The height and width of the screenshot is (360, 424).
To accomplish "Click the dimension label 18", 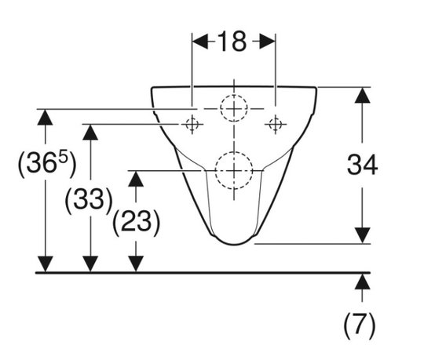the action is tap(232, 42).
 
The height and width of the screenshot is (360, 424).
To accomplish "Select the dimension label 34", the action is tap(362, 165).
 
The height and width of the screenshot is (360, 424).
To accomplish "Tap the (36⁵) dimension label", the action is tap(47, 164).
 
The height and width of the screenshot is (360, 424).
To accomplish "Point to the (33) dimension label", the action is tap(89, 200).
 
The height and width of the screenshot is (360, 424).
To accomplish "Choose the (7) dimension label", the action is tap(360, 325).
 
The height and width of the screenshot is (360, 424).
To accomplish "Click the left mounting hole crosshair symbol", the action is tap(192, 125).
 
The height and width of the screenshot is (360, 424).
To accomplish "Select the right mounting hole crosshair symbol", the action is tap(276, 125).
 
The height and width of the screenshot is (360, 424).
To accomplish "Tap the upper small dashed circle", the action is tap(234, 95).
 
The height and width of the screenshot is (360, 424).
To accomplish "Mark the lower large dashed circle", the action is tap(234, 152).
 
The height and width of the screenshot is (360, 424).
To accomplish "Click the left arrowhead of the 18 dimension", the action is tap(200, 42).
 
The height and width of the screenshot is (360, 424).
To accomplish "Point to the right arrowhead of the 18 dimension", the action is tap(268, 42).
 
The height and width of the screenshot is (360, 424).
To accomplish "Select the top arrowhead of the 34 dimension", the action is tap(362, 95).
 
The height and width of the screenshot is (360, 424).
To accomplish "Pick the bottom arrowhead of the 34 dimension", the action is tap(362, 235).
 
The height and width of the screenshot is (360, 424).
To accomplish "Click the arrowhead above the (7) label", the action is tap(362, 282).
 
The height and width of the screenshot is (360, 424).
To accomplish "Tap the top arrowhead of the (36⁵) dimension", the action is tap(45, 117).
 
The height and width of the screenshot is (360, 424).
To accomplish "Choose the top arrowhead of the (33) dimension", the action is tap(90, 132).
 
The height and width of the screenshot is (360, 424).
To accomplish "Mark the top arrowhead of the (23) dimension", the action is tap(136, 179).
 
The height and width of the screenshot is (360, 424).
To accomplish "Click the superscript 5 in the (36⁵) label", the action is tap(63, 158).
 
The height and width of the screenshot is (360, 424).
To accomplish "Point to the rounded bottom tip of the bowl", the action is tap(234, 244).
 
